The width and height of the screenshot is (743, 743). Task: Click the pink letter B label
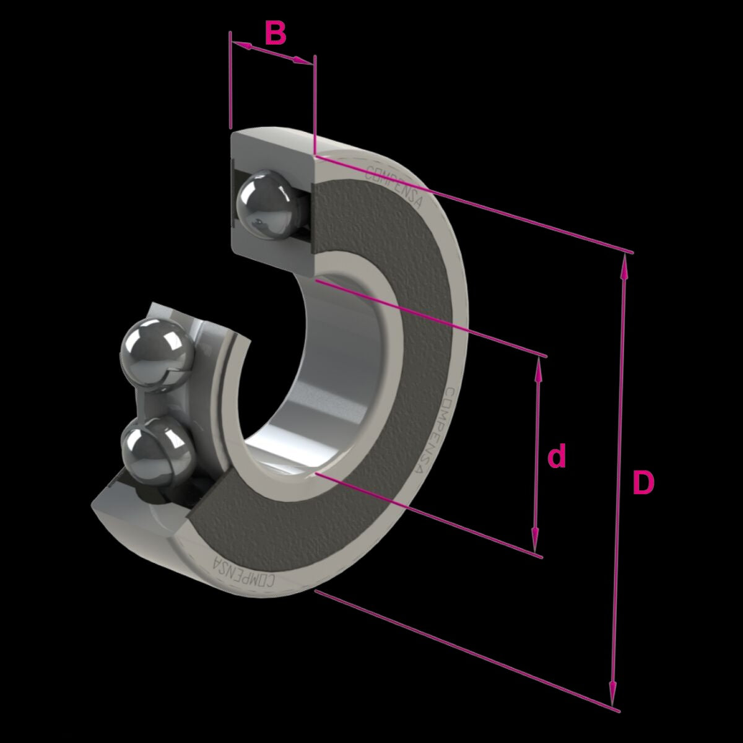pos(276,33)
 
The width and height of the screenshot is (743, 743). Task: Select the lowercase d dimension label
pos(557,457)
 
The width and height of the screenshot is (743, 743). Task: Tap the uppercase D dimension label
pos(643,482)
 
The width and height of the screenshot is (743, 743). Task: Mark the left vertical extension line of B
pos(230,80)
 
